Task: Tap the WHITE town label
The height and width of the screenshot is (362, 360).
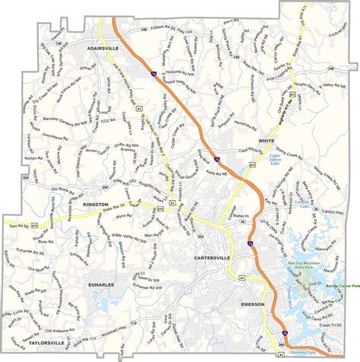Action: pyautogui.click(x=265, y=141)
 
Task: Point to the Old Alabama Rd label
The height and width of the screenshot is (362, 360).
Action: pyautogui.click(x=62, y=310)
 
